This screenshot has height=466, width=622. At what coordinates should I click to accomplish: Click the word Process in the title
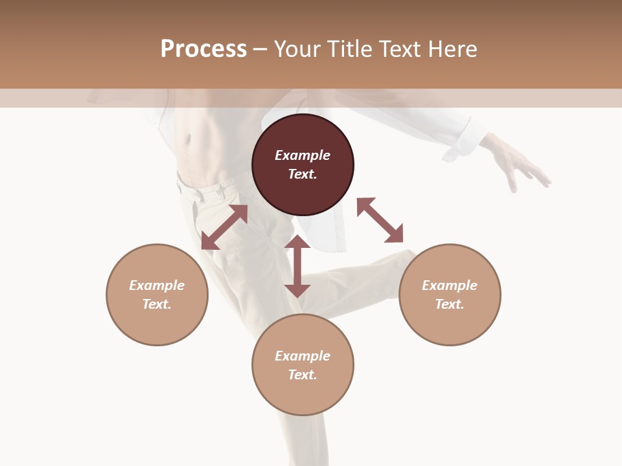[203, 49]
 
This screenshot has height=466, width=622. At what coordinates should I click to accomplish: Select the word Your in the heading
[299, 49]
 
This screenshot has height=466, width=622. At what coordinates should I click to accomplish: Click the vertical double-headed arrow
[297, 266]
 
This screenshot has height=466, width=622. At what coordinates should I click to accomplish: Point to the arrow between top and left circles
[224, 227]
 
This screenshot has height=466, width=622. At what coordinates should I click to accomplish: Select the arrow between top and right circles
[380, 220]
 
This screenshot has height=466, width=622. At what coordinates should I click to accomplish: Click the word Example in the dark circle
[303, 155]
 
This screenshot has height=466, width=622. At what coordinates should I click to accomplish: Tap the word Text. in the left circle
[157, 304]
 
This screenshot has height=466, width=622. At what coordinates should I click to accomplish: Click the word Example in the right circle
[450, 285]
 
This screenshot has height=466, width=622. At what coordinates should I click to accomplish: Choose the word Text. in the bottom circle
[303, 375]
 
